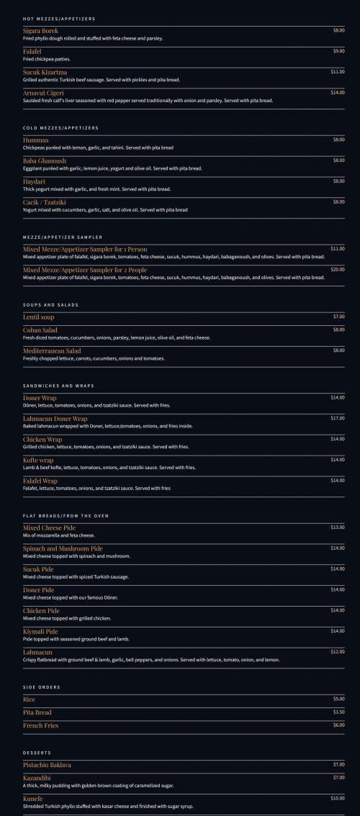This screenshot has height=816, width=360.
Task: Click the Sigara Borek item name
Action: pyautogui.click(x=40, y=31)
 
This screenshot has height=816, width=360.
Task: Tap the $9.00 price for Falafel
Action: pyautogui.click(x=338, y=51)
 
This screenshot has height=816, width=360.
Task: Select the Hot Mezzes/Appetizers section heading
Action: pyautogui.click(x=59, y=19)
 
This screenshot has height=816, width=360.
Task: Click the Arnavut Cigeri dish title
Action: pyautogui.click(x=44, y=93)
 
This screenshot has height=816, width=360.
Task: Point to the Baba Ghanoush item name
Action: pyautogui.click(x=45, y=161)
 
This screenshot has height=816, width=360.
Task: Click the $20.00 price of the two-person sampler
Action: pyautogui.click(x=337, y=269)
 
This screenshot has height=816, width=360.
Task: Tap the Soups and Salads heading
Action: pyautogui.click(x=50, y=305)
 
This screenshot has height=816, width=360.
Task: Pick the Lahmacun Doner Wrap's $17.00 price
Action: pyautogui.click(x=337, y=418)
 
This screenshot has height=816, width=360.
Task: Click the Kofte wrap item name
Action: pyautogui.click(x=38, y=460)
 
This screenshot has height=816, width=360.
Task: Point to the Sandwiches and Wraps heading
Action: pyautogui.click(x=58, y=386)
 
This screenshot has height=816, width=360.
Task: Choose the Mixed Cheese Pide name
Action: pyautogui.click(x=49, y=527)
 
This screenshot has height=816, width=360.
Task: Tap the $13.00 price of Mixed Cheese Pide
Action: pyautogui.click(x=337, y=527)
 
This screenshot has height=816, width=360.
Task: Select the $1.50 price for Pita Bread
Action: pyautogui.click(x=338, y=712)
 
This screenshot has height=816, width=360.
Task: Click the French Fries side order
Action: pyautogui.click(x=40, y=725)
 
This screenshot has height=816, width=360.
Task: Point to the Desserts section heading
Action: pyautogui.click(x=37, y=753)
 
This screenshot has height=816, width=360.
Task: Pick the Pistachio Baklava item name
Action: pyautogui.click(x=47, y=765)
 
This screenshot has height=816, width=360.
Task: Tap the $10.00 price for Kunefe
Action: pyautogui.click(x=337, y=799)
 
